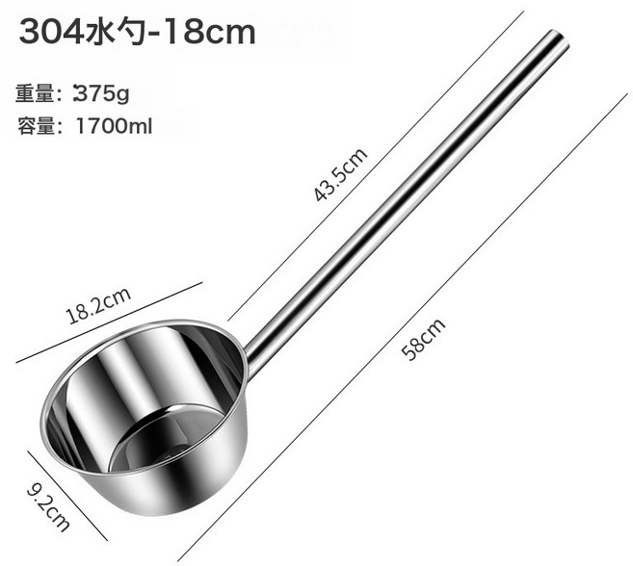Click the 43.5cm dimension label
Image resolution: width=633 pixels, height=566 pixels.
point(341,174)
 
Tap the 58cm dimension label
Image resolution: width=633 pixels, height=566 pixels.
point(424,339)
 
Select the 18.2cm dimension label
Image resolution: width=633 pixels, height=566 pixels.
point(98,306)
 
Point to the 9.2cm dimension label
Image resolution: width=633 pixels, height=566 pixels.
point(48,508)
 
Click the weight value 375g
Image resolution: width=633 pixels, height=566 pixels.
point(101,93)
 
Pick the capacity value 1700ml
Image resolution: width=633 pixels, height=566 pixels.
point(114,126)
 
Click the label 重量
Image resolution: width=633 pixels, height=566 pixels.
point(35,93)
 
